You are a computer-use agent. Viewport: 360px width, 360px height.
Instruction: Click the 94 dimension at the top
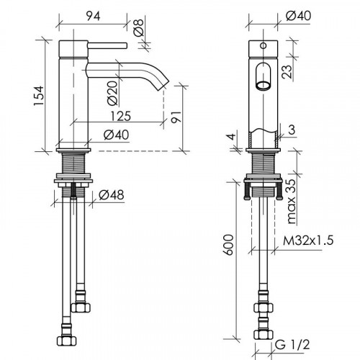93,17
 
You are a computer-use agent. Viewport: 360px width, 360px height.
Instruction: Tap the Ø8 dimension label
138,27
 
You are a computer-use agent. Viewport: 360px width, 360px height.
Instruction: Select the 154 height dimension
39,96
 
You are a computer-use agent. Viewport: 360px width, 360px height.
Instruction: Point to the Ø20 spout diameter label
113,93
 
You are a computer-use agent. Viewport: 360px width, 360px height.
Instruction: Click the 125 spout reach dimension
121,116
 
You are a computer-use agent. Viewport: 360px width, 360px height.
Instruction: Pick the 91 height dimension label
176,117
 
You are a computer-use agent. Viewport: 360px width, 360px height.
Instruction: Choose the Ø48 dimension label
112,195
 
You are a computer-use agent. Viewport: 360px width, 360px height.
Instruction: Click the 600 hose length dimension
228,245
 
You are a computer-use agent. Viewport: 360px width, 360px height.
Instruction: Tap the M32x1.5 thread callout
308,240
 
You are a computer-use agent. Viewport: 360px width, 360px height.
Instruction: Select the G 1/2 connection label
292,345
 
